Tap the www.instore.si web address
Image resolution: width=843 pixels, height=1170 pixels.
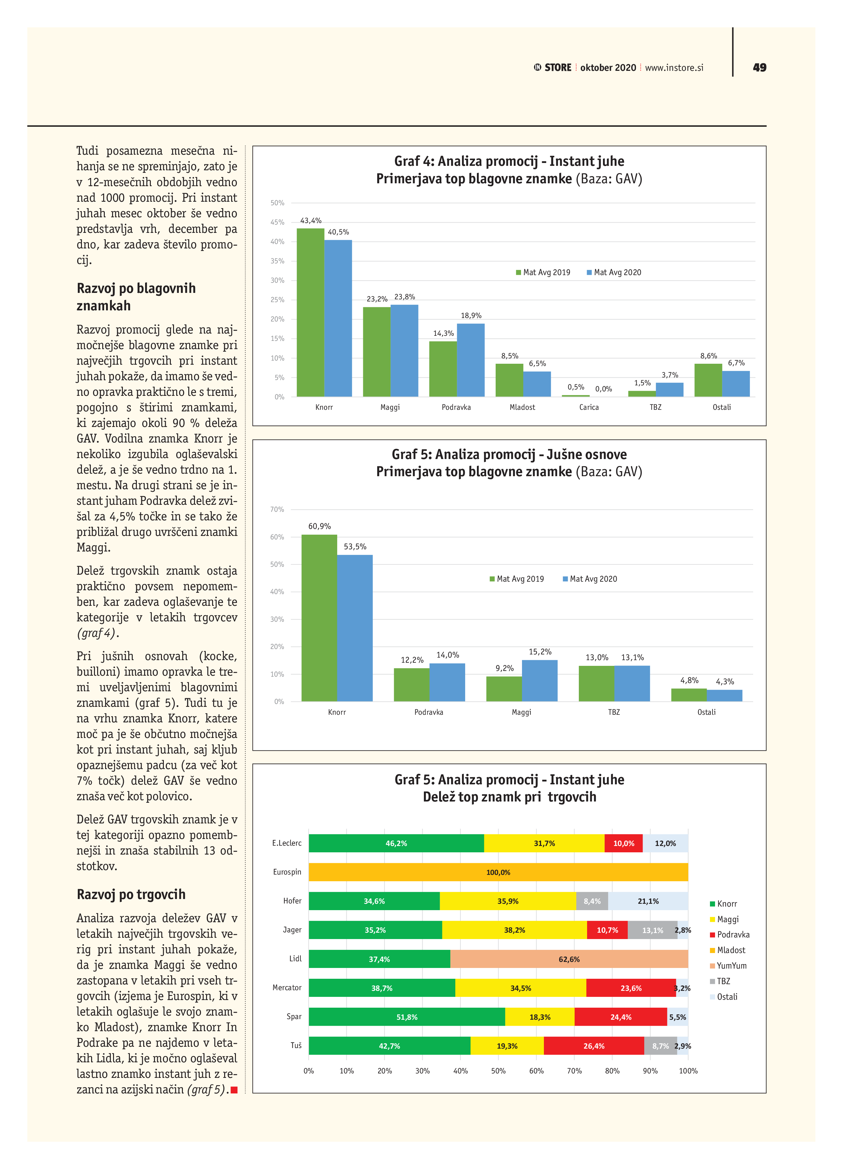coord(674,68)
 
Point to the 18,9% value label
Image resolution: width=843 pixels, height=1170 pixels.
coord(471,315)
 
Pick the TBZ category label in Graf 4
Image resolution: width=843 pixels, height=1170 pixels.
coord(655,407)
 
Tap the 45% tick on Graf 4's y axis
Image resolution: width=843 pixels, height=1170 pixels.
coord(278,222)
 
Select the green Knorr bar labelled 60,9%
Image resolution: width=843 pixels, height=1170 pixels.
coord(319,618)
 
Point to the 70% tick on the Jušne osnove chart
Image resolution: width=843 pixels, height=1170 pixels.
coord(277,509)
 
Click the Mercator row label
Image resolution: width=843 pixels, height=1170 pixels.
coord(287,987)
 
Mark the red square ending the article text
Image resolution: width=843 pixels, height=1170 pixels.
coord(234,1090)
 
